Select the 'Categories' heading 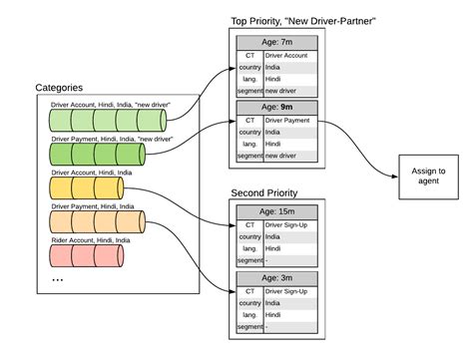pos(61,89)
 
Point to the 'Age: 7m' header pos(276,43)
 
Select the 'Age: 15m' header pos(276,210)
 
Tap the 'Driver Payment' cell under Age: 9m pos(290,121)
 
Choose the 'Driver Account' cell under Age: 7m pos(290,57)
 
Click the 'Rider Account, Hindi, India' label pos(91,239)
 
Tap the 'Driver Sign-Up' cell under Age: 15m pos(290,224)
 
